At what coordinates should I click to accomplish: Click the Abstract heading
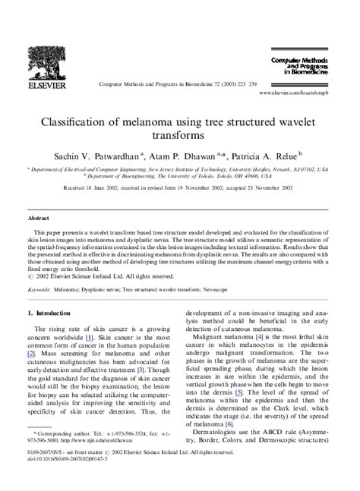coord(41,217)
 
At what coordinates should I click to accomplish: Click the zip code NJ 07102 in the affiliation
coord(305,172)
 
